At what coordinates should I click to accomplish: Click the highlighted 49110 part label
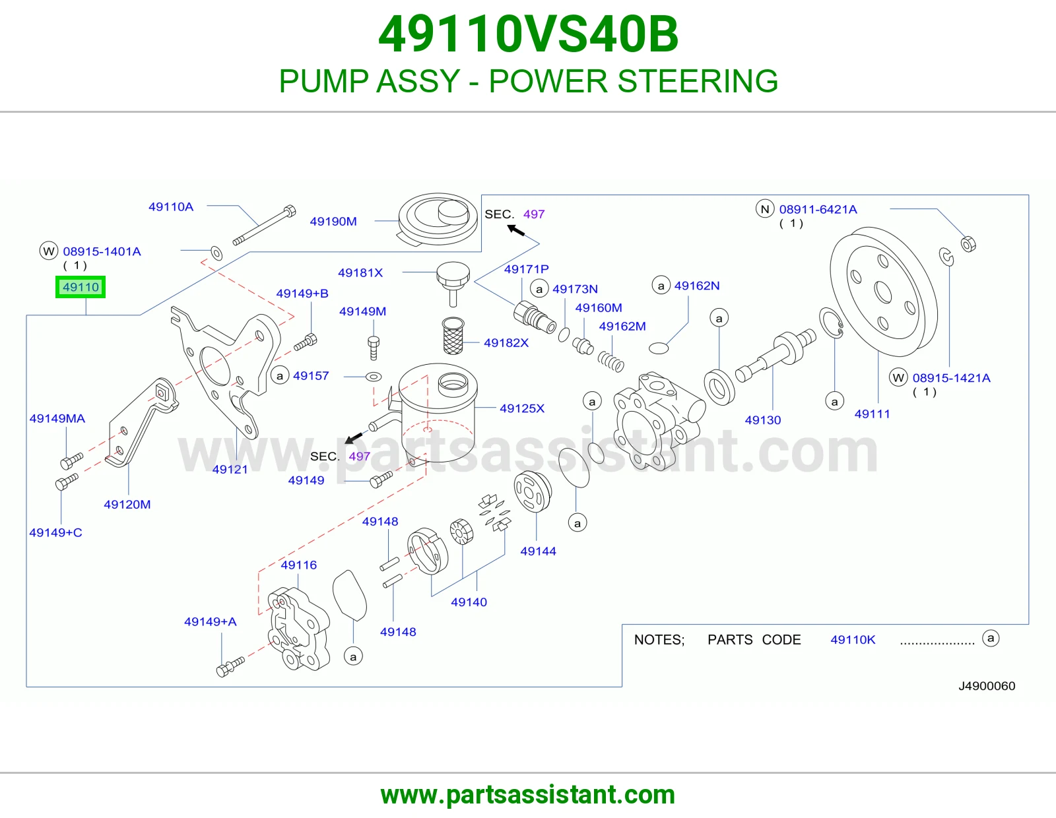pos(80,287)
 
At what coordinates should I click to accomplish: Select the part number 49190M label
pos(333,222)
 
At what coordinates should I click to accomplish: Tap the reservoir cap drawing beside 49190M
pos(438,220)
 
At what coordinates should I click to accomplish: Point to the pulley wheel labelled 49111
pos(884,292)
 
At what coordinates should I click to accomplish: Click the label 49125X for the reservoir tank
pos(522,408)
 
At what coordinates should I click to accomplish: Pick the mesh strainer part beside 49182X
pos(453,336)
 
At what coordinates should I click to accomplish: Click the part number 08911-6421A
pos(818,209)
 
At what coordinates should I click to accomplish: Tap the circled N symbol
pos(765,209)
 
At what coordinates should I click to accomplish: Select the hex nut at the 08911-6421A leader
pos(968,244)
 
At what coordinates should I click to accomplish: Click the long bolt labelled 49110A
pos(264,226)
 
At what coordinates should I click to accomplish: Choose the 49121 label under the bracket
pos(230,469)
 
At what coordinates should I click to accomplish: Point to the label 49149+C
pos(55,532)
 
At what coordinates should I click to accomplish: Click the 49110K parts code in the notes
pos(853,640)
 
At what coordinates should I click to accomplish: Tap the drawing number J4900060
pos(987,686)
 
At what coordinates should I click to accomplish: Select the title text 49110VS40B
pos(528,34)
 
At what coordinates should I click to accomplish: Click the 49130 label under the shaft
pos(763,420)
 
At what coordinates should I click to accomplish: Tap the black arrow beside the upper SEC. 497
pos(516,230)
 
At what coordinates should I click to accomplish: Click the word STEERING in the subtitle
pos(698,81)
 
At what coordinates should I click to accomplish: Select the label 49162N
pos(697,286)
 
